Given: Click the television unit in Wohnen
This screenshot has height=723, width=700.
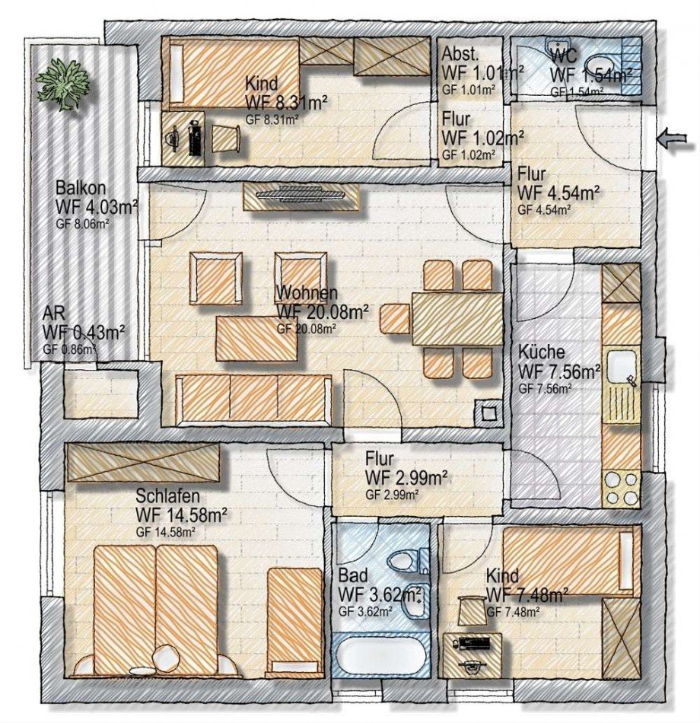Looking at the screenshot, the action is pyautogui.click(x=301, y=197).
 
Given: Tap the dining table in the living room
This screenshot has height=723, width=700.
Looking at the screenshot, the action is pyautogui.click(x=457, y=319).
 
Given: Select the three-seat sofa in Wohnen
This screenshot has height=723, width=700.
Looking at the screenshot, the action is pyautogui.click(x=253, y=398).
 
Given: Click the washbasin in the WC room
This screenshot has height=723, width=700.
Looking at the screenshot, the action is pyautogui.click(x=601, y=68).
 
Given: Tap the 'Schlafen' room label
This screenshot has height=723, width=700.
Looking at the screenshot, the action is pyautogui.click(x=168, y=496).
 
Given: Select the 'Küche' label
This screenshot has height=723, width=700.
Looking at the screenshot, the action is pyautogui.click(x=542, y=352).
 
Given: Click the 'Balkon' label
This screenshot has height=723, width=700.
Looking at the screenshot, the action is pyautogui.click(x=81, y=188).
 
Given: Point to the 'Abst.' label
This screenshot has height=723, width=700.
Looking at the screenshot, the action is pyautogui.click(x=460, y=54).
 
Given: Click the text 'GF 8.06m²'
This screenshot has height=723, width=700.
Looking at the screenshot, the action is pyautogui.click(x=82, y=225).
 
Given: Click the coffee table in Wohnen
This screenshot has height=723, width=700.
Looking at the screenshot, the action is pyautogui.click(x=257, y=339).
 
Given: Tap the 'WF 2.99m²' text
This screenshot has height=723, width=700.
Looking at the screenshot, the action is pyautogui.click(x=406, y=478).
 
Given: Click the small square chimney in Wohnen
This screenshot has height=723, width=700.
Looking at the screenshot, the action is pyautogui.click(x=488, y=413).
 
